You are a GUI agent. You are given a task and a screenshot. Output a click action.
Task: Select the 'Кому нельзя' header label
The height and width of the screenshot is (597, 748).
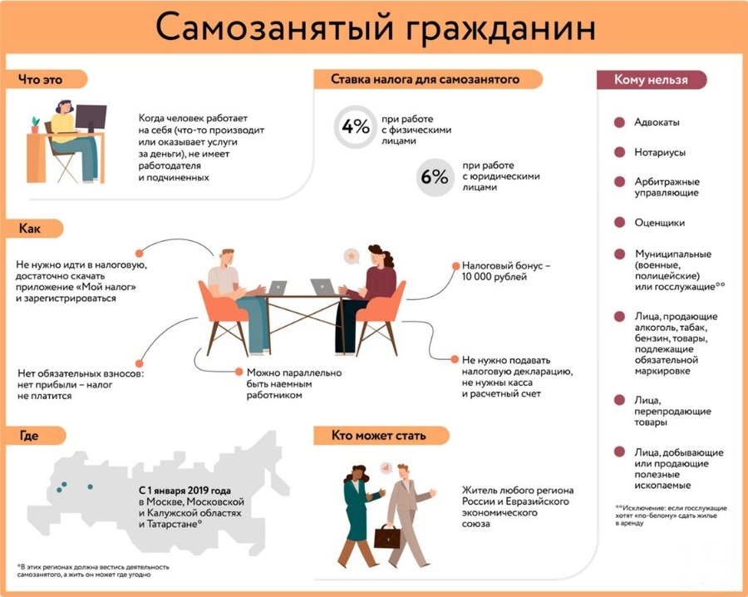point(651,80)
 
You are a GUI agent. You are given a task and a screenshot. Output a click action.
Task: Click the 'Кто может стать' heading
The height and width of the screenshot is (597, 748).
point(378,436)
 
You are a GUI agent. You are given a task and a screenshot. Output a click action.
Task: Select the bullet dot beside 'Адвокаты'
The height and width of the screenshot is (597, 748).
point(619,122)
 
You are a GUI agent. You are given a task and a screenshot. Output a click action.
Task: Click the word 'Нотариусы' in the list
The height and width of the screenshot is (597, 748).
point(661,152)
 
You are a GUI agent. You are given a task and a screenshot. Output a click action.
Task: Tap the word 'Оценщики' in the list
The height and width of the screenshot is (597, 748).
point(660,223)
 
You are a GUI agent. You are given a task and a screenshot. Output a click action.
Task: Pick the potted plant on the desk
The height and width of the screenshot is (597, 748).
point(35,125)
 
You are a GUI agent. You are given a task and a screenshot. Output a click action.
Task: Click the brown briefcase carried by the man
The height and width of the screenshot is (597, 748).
point(386,535)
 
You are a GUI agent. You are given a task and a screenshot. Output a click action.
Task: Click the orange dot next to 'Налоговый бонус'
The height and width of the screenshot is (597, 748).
point(455,265)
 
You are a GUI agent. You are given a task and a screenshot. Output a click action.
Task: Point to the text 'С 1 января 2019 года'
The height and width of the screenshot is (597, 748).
point(185,491)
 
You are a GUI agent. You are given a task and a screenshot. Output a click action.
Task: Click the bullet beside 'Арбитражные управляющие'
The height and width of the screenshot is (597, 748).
point(619,182)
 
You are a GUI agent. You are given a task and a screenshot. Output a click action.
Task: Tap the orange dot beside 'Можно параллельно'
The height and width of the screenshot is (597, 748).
point(239,373)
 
